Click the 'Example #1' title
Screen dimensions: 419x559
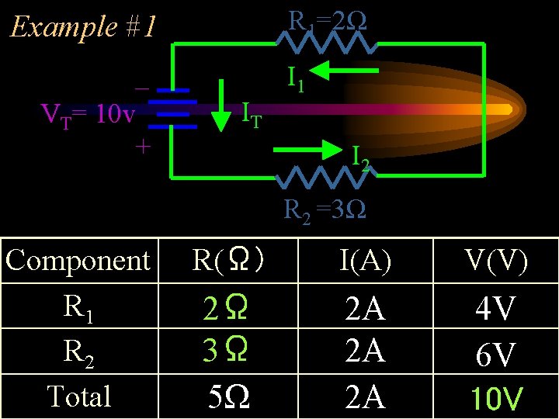pos(82,28)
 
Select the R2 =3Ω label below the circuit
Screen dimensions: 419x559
pos(325,209)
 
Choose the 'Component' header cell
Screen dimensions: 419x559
pos(78,261)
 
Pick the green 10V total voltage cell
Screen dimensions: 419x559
pos(495,400)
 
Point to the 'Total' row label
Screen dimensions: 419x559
pos(78,396)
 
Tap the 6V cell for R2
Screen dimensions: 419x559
pos(495,355)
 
